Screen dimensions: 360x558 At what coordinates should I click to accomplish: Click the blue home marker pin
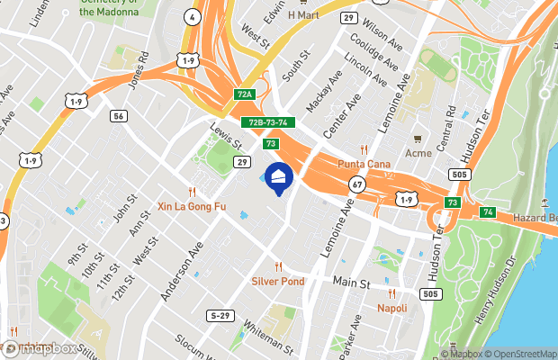click(x=279, y=178)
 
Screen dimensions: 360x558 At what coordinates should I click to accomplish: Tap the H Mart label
click(x=303, y=15)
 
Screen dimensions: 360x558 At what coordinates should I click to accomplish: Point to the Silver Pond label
click(x=278, y=281)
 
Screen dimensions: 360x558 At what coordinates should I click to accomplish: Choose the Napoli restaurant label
click(x=391, y=308)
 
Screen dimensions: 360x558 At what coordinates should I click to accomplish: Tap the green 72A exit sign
click(x=245, y=94)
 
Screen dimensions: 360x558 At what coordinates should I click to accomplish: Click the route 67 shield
click(x=357, y=184)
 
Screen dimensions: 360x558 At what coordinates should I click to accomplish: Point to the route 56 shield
click(x=119, y=116)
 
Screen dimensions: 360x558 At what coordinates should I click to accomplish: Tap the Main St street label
click(x=353, y=283)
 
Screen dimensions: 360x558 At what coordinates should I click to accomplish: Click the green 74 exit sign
click(x=488, y=211)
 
